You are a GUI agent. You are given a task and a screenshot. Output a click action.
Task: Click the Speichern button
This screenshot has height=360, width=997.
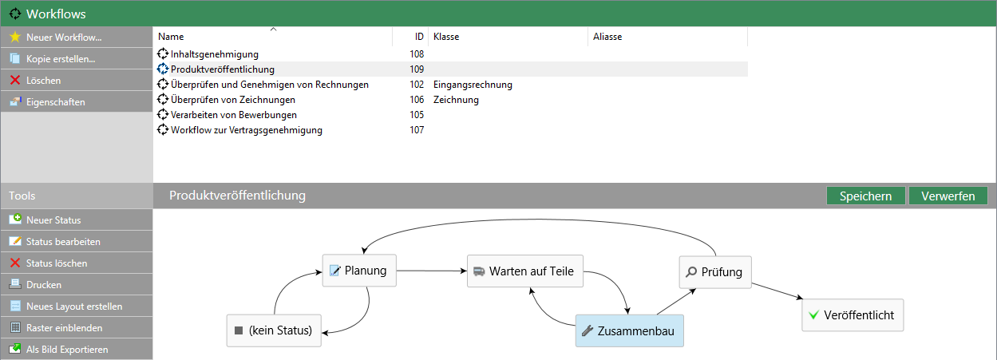[x=866, y=196]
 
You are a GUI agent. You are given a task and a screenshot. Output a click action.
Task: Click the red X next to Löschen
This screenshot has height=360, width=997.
[x=15, y=80]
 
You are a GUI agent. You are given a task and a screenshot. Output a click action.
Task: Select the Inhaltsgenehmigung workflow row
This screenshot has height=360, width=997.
[x=215, y=54]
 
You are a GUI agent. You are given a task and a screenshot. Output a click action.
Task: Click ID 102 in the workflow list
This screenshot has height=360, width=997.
[x=417, y=85]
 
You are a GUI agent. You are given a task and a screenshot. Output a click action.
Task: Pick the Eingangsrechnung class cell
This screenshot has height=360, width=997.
[x=473, y=85]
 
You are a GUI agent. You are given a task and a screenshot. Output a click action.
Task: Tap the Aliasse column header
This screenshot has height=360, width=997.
[x=607, y=37]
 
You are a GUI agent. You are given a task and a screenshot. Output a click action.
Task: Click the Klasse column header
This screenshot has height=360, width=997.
[x=446, y=37]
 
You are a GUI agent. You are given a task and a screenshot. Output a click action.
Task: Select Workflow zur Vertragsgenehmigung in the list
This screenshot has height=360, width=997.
[x=247, y=130]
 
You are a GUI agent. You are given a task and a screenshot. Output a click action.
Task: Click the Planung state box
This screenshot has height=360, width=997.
[x=359, y=271]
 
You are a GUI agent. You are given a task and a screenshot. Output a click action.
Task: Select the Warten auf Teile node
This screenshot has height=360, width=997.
[x=525, y=271]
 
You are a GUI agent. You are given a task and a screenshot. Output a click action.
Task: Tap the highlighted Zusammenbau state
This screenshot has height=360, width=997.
[x=629, y=330]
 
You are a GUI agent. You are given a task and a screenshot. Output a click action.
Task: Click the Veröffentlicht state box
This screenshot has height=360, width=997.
[x=853, y=315]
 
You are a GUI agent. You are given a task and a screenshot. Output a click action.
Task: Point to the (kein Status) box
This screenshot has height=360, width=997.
[x=274, y=330]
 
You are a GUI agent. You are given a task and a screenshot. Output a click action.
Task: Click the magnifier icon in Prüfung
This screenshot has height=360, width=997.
[x=690, y=271]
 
